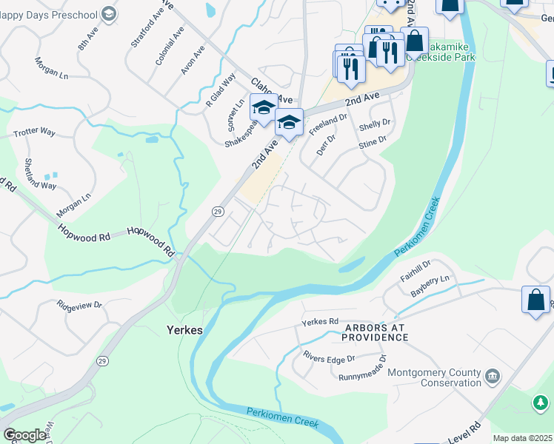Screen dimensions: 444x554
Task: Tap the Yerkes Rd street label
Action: point(320,323)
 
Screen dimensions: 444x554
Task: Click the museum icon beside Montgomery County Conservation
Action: point(491,377)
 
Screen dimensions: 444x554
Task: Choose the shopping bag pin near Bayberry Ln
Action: point(535,300)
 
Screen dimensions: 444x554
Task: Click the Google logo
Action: point(24,435)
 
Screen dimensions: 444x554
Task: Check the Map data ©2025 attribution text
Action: point(522,439)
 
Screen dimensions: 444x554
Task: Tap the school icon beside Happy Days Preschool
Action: point(109,13)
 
